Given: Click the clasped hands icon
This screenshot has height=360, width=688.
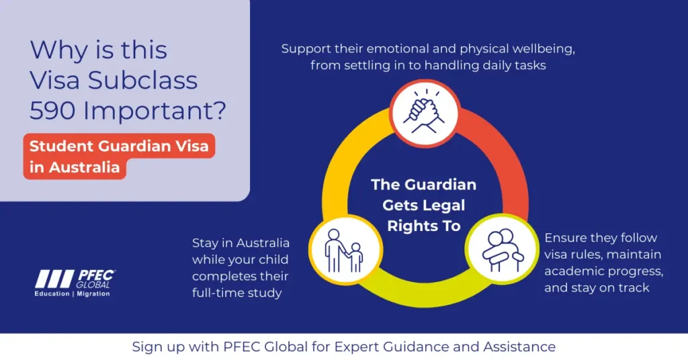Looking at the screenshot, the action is (x=425, y=111).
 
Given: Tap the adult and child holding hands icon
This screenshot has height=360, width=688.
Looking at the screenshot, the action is (x=345, y=251).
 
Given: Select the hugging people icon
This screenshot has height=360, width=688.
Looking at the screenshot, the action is (x=503, y=251).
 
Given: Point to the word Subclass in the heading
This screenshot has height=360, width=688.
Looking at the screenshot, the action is (x=142, y=80).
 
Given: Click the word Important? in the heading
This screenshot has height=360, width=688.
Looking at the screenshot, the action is (x=155, y=111).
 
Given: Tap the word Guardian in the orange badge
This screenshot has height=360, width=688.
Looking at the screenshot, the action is (x=134, y=146).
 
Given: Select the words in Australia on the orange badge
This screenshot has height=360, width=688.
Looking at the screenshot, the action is (x=75, y=167).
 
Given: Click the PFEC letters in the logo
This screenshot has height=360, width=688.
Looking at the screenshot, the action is (x=96, y=275).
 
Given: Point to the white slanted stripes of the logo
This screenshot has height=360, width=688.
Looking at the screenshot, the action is (x=54, y=279).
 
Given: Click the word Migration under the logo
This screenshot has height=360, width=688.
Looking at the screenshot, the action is (x=93, y=294).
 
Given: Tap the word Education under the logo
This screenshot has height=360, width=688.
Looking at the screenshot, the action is (x=52, y=294).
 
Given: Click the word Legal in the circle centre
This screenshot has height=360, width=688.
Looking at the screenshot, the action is (x=445, y=206).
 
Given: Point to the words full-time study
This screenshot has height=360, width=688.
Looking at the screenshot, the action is (x=237, y=293).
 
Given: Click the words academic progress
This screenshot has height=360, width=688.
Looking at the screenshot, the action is (x=604, y=271).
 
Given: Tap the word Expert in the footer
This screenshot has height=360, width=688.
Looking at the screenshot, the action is (x=356, y=347).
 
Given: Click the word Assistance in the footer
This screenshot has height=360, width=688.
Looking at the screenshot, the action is (x=519, y=347).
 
